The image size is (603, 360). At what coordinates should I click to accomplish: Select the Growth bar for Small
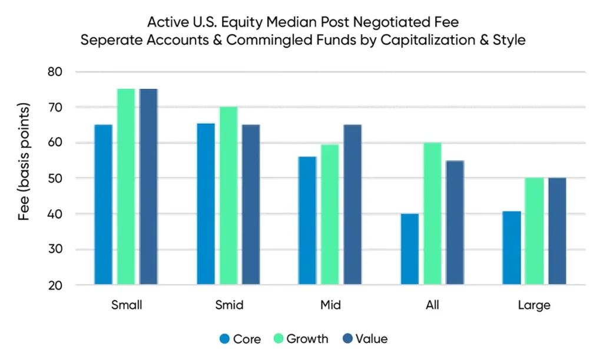pyautogui.click(x=126, y=187)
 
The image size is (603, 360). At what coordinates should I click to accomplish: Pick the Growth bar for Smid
pyautogui.click(x=228, y=196)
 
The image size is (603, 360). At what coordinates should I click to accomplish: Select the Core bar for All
pyautogui.click(x=409, y=249)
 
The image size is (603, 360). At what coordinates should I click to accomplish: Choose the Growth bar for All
pyautogui.click(x=432, y=213)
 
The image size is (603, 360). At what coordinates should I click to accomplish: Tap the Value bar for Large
pyautogui.click(x=557, y=231)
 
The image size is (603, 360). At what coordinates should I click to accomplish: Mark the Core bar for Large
pyautogui.click(x=511, y=248)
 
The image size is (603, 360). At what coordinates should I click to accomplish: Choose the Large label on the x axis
pyautogui.click(x=534, y=305)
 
